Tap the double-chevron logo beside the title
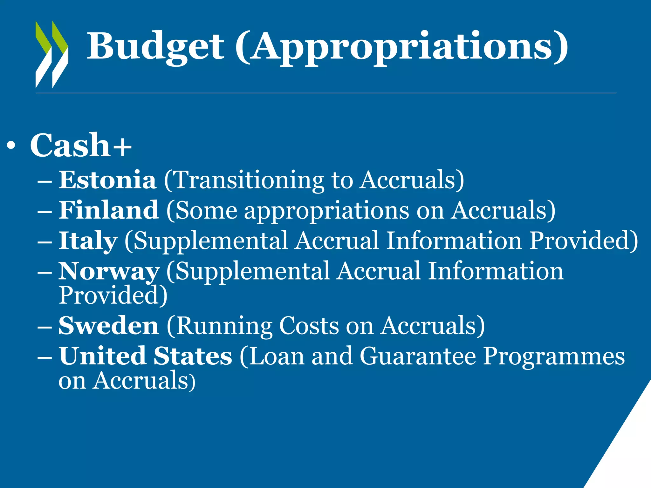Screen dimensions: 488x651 (52, 54)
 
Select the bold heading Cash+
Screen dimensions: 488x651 (81, 145)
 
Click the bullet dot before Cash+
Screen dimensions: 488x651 (11, 146)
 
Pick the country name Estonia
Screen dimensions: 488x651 (107, 180)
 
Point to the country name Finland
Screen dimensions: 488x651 (109, 210)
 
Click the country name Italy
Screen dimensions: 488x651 (88, 241)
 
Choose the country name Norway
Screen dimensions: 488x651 (109, 271)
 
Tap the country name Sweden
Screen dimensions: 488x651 (109, 326)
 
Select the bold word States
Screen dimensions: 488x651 (193, 356)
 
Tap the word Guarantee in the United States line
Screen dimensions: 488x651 (418, 356)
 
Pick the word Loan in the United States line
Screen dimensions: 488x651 (276, 356)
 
